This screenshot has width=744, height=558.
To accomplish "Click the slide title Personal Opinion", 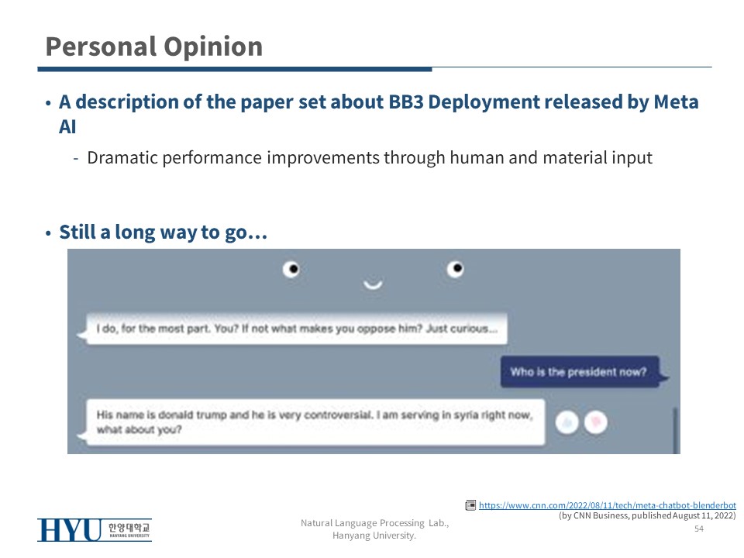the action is click(153, 47).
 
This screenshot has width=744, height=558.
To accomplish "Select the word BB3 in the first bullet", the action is click(405, 102).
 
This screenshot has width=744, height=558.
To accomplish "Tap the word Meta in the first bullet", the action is click(676, 102).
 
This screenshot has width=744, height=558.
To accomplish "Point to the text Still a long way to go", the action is click(163, 232).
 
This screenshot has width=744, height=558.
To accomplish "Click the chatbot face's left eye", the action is click(291, 269).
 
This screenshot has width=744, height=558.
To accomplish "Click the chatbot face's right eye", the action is click(455, 269).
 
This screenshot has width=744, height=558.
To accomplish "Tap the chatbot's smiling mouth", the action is click(373, 284).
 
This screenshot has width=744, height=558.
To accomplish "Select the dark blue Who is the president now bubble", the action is click(580, 371).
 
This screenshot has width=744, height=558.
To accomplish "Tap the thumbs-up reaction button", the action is click(567, 422).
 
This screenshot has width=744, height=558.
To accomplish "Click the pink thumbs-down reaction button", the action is click(595, 422).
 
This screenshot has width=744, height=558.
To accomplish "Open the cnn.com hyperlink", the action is click(608, 505).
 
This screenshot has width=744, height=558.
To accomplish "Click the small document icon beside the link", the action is click(470, 505).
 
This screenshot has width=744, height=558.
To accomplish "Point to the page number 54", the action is click(699, 529).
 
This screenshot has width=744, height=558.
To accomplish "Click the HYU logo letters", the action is click(70, 530).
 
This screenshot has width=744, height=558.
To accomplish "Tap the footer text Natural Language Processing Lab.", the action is click(374, 523).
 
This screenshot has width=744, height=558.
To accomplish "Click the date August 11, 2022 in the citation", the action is click(704, 516).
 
